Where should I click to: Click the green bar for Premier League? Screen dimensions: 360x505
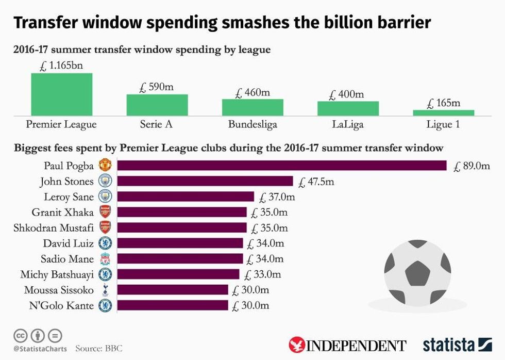(x=62, y=94)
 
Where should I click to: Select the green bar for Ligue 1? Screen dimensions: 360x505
(x=443, y=112)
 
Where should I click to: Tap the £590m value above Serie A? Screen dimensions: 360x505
(x=157, y=87)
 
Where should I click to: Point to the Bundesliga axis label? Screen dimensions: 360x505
(x=252, y=125)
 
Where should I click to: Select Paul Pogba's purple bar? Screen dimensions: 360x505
(x=282, y=166)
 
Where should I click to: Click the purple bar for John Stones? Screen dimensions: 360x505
(x=205, y=182)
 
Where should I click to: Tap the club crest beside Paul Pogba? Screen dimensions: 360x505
(x=105, y=166)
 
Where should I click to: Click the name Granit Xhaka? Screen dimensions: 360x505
(x=62, y=212)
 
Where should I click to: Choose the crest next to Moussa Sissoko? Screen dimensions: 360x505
(x=105, y=290)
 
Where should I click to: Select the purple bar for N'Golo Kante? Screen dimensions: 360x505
(x=173, y=305)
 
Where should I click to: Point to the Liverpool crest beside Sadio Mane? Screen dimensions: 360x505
(x=105, y=259)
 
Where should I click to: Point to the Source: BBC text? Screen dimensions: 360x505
(x=99, y=349)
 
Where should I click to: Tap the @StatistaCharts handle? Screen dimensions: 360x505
(x=40, y=349)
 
